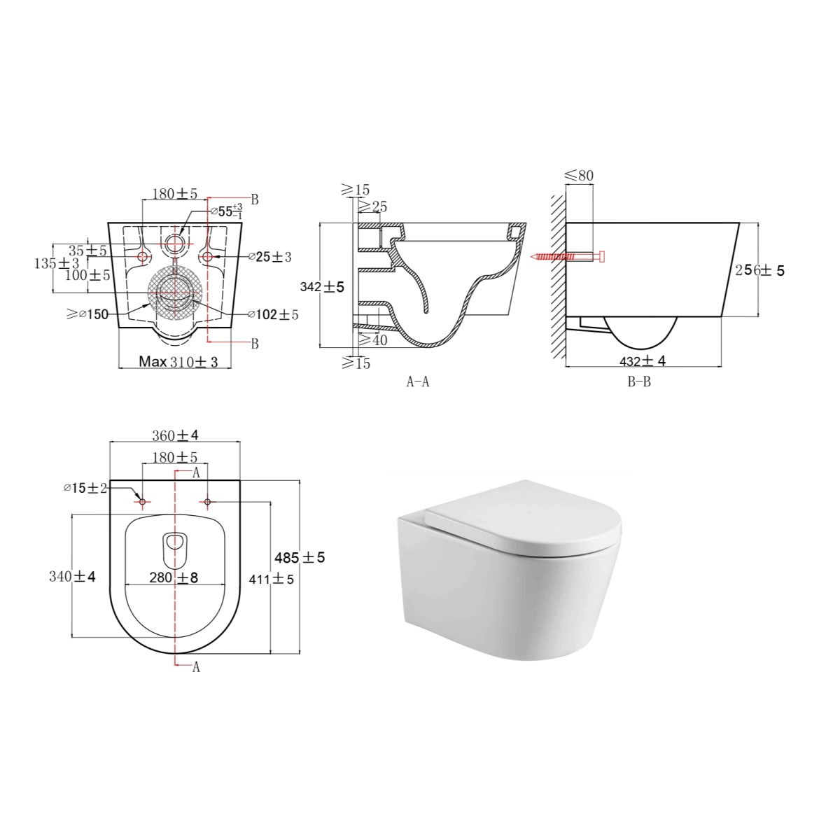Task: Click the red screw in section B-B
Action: [568, 257]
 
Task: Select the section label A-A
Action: [418, 382]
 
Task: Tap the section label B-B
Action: [638, 382]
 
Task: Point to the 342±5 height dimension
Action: [322, 286]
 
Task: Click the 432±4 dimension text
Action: [642, 361]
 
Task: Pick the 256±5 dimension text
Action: [759, 270]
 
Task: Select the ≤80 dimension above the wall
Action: [579, 175]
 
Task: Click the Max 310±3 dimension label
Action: [178, 361]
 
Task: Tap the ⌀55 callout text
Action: [227, 211]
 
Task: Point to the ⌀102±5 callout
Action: [273, 314]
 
